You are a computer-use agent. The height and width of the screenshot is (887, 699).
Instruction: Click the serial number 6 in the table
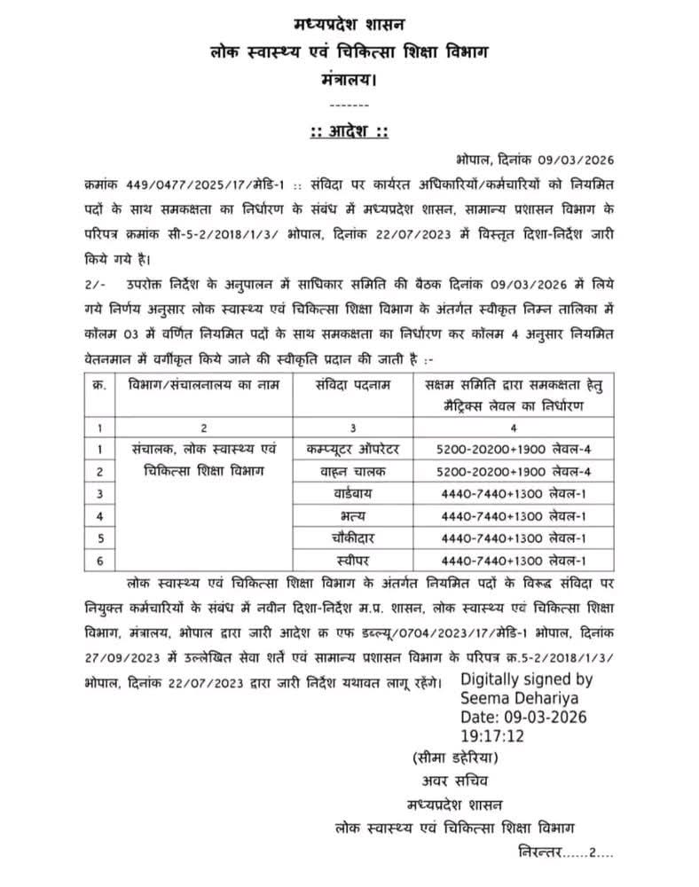[100, 560]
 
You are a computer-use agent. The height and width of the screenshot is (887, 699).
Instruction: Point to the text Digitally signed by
[526, 679]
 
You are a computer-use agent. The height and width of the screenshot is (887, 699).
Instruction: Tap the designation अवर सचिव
[454, 781]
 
